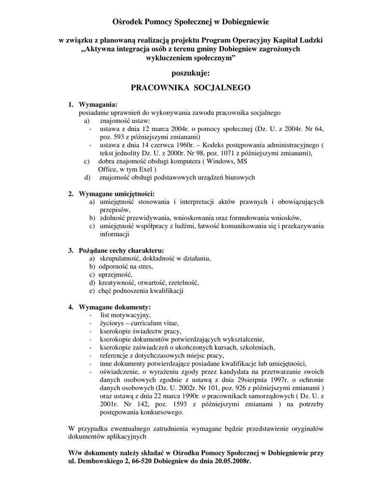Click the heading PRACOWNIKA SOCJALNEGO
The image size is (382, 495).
[x=191, y=88]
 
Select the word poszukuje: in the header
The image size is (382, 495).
[x=191, y=73]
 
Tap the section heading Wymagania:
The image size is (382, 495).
[x=98, y=104]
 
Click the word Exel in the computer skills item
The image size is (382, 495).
[x=143, y=170]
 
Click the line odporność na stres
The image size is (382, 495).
[x=126, y=266]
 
